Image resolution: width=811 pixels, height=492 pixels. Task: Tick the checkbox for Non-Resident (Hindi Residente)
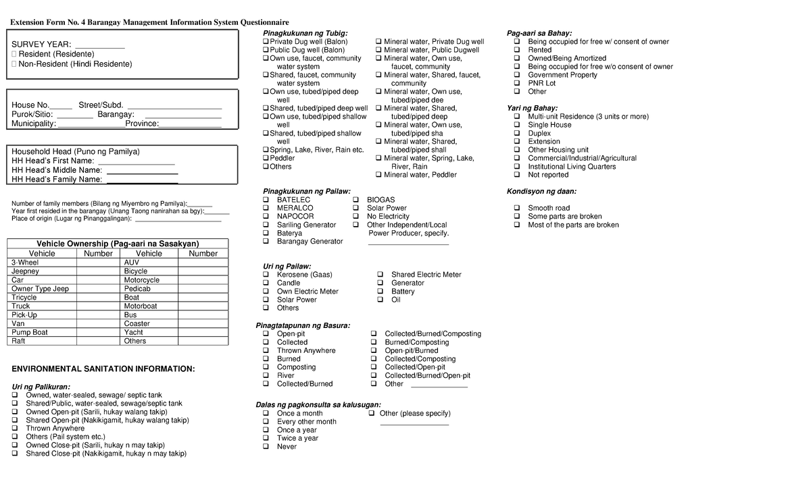(x=14, y=64)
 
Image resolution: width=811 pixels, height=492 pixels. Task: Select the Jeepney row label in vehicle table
(x=25, y=271)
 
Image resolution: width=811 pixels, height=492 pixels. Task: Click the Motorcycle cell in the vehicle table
(x=142, y=280)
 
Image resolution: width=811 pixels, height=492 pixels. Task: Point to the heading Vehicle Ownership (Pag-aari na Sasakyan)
(x=118, y=244)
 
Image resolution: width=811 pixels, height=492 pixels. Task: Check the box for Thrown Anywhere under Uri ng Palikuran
(x=16, y=429)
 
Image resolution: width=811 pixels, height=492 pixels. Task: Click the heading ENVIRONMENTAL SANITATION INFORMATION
(x=103, y=369)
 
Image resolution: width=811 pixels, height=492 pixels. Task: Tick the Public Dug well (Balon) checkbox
(x=266, y=50)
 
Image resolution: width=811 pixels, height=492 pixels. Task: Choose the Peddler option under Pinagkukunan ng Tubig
(x=266, y=159)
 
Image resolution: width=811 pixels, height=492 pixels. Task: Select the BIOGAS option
(x=356, y=200)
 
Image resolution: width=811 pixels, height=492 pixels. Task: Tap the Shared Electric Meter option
(x=380, y=275)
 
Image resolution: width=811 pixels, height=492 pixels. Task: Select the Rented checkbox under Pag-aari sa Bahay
(x=516, y=50)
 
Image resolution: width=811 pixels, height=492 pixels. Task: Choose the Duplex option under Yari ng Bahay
(x=516, y=134)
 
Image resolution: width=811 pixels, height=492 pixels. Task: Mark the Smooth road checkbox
(x=516, y=209)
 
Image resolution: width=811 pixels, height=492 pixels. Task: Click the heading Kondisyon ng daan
(x=541, y=192)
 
